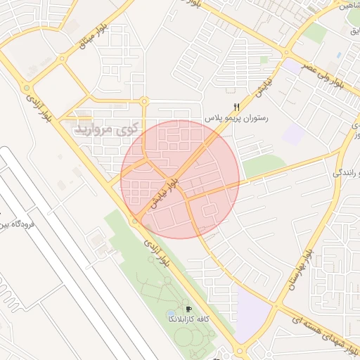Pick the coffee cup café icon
(x=188, y=309)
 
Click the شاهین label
(x=349, y=6)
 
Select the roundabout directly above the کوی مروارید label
(x=144, y=101)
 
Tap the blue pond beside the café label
(x=171, y=312)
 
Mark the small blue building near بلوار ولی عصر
(x=339, y=54)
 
